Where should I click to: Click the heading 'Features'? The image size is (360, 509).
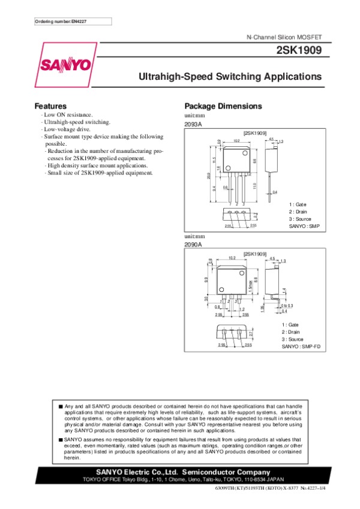coord(50,106)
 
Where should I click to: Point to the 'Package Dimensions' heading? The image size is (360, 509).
coord(223,106)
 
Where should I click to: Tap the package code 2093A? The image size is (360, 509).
coord(193,124)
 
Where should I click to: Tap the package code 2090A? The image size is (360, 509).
coord(193,245)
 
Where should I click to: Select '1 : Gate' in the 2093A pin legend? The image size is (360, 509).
coord(297,204)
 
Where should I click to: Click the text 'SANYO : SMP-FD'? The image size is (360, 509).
coord(301,347)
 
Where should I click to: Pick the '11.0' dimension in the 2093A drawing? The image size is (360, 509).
coord(254,186)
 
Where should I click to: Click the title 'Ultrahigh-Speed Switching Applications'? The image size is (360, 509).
coord(230,77)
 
